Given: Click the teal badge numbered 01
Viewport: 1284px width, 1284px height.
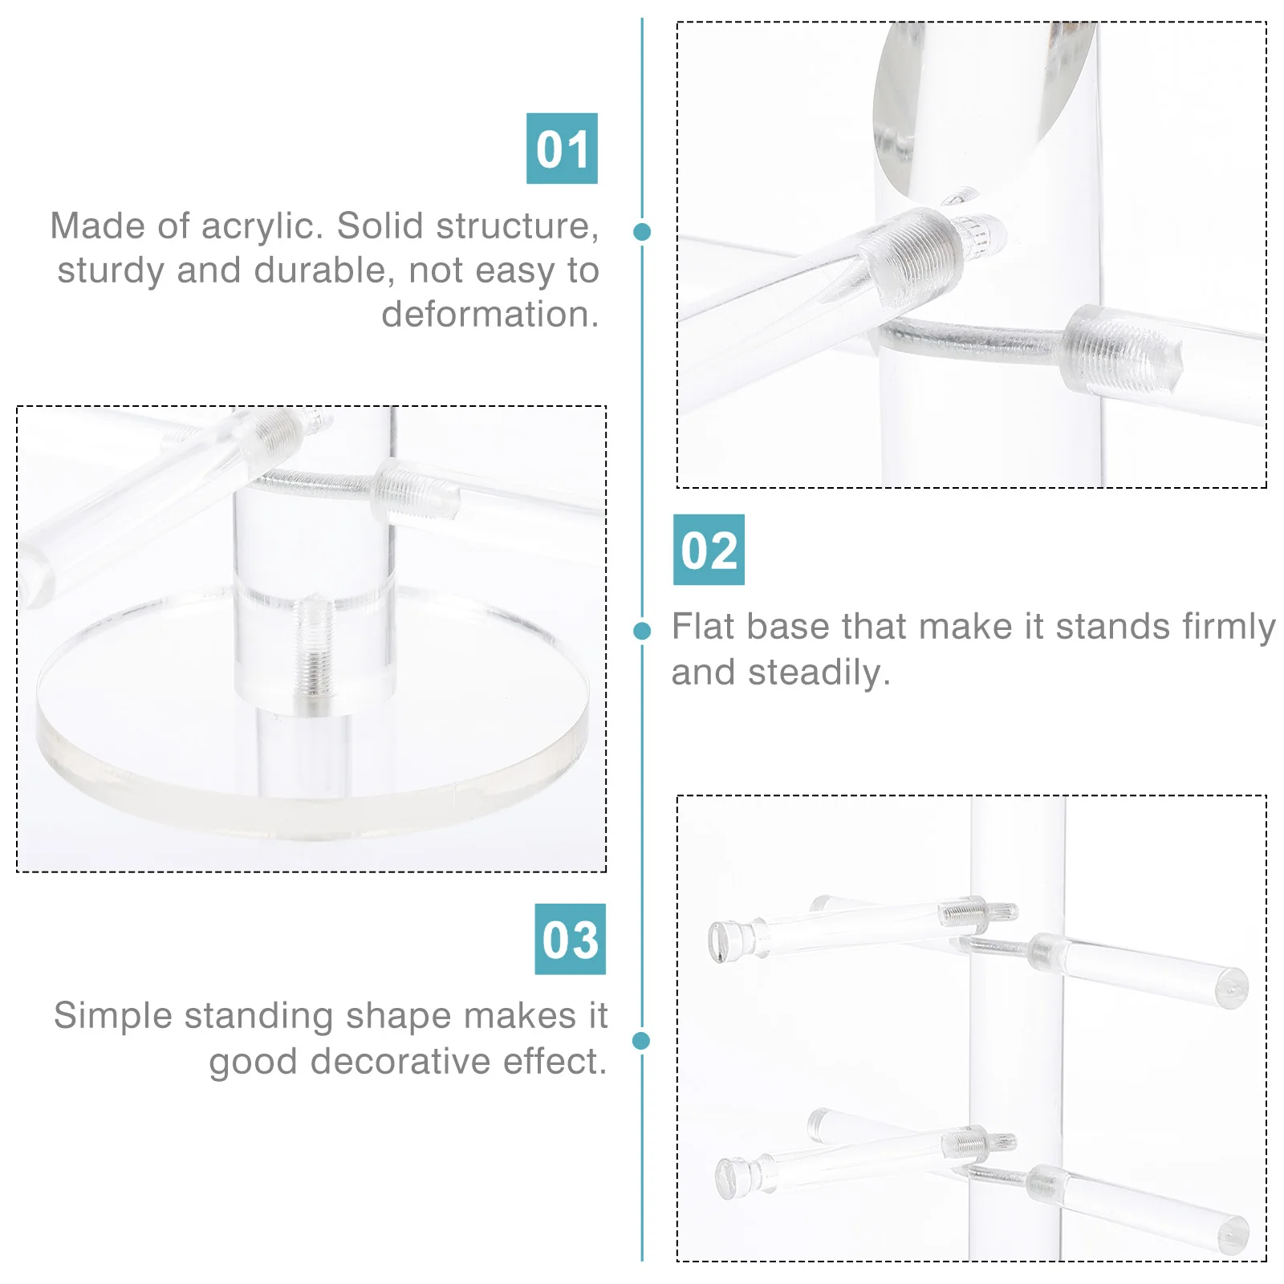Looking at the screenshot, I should [562, 148].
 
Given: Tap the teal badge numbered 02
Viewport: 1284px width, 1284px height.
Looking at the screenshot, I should [709, 550].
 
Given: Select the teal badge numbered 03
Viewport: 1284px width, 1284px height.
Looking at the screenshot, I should [570, 939].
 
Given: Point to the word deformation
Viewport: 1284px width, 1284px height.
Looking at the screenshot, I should [490, 315].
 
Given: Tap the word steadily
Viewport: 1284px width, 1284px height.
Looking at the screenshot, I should [819, 672].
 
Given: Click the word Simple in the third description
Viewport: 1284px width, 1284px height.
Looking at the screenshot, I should [114, 1016].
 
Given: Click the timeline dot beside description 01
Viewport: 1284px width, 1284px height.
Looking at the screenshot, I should [642, 232].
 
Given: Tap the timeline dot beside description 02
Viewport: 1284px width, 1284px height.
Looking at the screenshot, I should [642, 631].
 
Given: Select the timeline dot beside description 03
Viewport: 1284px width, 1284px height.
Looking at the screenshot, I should [641, 1041].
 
